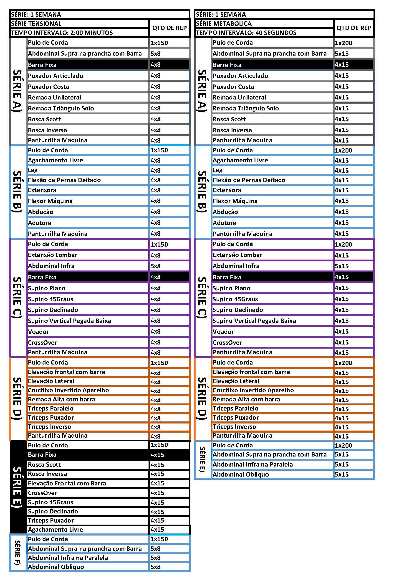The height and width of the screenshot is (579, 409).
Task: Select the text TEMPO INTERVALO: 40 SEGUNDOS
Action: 246,33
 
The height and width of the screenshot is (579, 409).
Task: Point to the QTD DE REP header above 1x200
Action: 353,28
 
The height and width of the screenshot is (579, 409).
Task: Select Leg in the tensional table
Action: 33,170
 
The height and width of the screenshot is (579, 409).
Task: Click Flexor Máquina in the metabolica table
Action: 235,201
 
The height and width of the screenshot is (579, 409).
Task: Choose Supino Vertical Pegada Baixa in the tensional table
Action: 69,321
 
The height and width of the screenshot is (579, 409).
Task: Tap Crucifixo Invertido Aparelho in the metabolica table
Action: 253,390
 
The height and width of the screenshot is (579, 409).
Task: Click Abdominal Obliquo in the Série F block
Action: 56,567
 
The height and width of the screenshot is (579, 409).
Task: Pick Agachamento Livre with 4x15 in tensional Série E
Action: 55,530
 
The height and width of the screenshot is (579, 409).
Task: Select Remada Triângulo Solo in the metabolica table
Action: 245,108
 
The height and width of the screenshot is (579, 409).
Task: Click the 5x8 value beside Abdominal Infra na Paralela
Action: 156,558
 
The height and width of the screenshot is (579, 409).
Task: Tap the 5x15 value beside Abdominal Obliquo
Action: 341,474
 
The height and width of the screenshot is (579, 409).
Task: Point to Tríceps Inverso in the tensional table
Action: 49,427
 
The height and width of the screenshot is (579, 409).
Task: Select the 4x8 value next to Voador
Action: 156,332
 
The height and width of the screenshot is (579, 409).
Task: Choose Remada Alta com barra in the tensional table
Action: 61,399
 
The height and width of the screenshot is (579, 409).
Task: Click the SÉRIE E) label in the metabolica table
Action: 202,459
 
